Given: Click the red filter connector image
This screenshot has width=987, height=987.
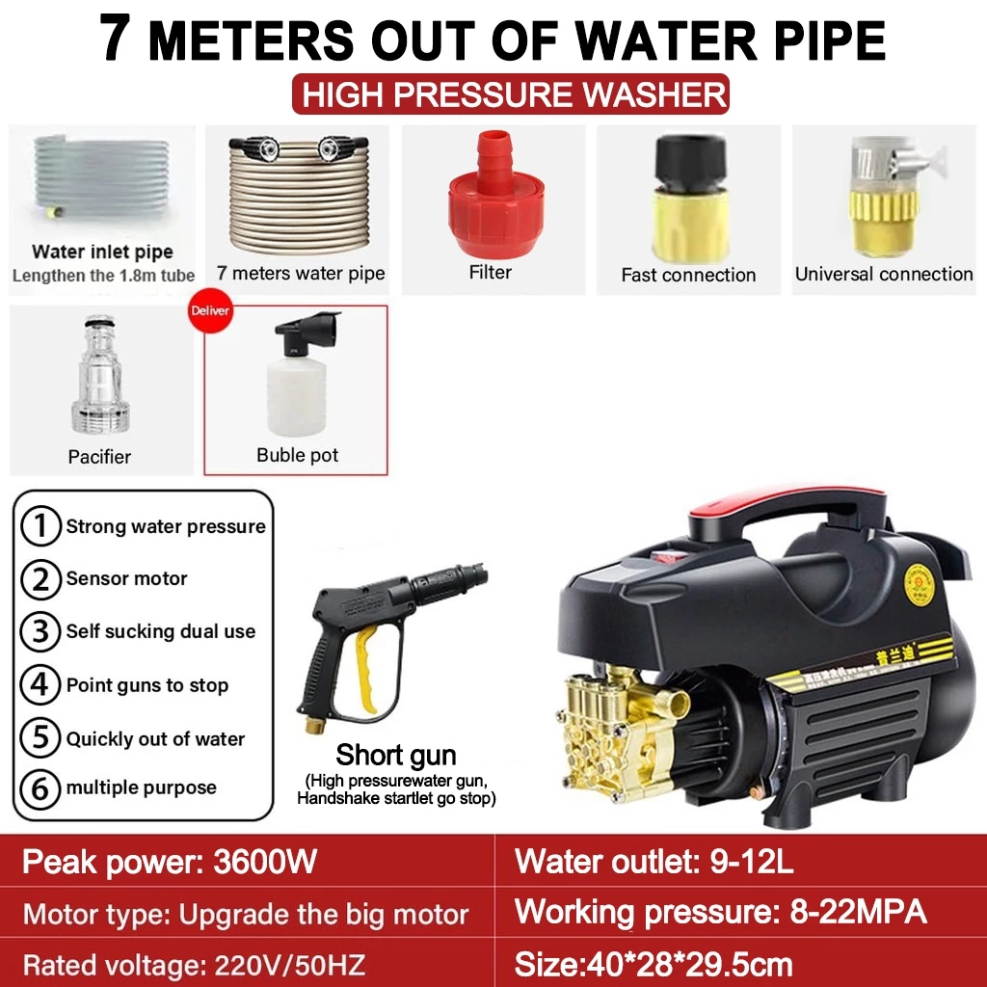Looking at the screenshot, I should click(494, 198).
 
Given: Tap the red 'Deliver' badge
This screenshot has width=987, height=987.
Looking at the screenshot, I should click(210, 311).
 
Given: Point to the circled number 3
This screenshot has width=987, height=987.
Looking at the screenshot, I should click(40, 631).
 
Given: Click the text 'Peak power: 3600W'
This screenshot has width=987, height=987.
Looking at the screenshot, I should click(170, 861).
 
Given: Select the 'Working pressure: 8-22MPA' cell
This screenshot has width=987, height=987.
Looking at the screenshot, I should click(721, 912).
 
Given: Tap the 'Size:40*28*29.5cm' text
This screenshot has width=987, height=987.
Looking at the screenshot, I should click(654, 963).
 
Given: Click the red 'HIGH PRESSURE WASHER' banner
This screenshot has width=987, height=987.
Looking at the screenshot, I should click(511, 94).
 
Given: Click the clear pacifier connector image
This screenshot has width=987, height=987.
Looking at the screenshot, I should click(99, 376).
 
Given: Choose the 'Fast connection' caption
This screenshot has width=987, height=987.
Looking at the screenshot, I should click(688, 275).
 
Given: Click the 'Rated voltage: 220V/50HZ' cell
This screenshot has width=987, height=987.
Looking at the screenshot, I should click(193, 964).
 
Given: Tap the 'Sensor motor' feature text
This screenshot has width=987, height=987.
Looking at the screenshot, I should click(126, 578).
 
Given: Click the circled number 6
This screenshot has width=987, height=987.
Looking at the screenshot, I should click(40, 787).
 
